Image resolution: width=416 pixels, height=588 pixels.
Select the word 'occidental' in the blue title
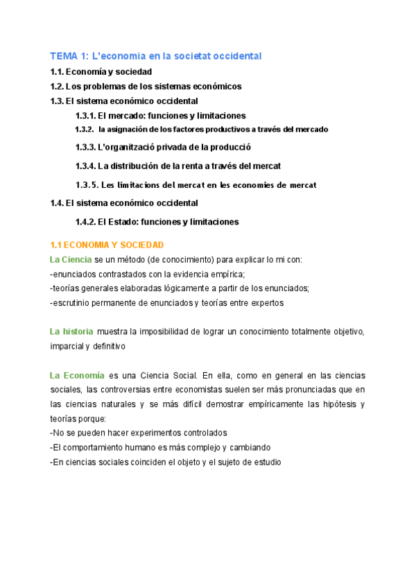(x=236, y=55)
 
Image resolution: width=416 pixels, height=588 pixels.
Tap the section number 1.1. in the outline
(x=59, y=71)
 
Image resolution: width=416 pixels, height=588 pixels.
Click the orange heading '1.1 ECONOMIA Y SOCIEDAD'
(x=107, y=245)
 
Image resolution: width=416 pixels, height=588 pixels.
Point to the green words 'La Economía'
(x=77, y=375)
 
